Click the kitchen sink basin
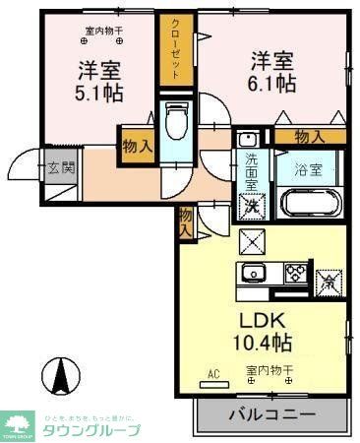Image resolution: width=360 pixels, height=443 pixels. pyautogui.click(x=252, y=273)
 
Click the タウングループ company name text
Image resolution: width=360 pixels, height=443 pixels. pyautogui.click(x=91, y=429)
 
